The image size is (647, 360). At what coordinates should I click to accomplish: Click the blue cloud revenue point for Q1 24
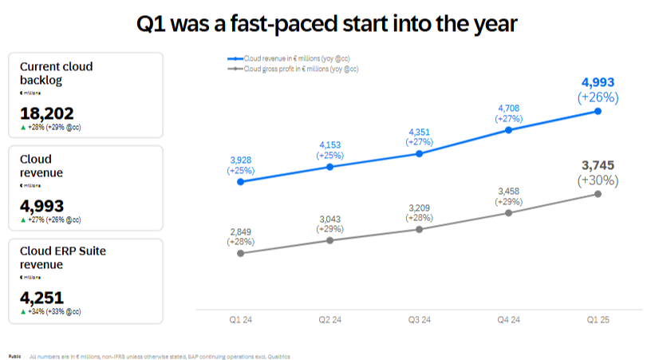pos(241,181)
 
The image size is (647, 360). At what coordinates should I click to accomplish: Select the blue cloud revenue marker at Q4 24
pos(508,129)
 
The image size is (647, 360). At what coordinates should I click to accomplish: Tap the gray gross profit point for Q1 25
pos(598,194)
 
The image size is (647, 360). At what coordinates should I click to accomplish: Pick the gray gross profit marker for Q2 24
pos(329,239)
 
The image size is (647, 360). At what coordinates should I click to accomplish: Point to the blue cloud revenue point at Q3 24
pos(419,153)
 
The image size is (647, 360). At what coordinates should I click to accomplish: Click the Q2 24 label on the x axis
pos(330,320)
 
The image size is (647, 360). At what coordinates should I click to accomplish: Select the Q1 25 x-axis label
pos(598,320)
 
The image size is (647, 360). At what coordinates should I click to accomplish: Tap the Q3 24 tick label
pos(420,320)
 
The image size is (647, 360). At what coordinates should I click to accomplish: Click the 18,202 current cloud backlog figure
pos(47,113)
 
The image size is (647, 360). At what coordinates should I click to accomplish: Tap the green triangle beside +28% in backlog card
pos(22,127)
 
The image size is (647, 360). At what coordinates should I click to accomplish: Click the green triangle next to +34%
pos(22,312)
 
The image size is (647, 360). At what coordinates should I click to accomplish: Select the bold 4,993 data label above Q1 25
pos(598,83)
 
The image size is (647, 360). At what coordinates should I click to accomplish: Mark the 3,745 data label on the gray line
pos(598,166)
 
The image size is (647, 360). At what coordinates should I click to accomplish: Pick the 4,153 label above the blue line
pos(329,145)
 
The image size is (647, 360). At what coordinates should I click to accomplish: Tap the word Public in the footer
pos(15,356)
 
